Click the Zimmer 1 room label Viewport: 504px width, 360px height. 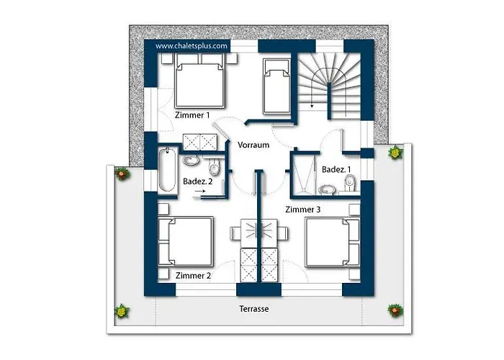click(x=192, y=115)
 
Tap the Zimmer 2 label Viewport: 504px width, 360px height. click(x=193, y=276)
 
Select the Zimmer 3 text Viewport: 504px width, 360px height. click(x=303, y=210)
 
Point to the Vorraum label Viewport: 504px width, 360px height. click(x=253, y=145)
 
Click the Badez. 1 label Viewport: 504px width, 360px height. click(x=336, y=169)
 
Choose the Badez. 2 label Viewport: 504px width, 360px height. click(x=198, y=181)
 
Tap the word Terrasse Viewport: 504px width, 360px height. click(x=254, y=309)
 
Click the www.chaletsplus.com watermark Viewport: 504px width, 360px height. click(x=192, y=46)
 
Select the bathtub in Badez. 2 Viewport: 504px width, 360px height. click(x=167, y=169)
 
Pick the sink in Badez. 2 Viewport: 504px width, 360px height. click(x=191, y=160)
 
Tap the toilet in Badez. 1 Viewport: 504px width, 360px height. click(x=350, y=183)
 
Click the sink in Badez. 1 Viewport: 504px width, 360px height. click(x=327, y=189)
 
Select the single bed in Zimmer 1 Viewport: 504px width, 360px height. click(x=276, y=86)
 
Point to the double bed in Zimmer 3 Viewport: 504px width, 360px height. click(x=333, y=243)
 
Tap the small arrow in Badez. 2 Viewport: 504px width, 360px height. click(x=199, y=192)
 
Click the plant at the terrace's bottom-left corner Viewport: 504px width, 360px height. click(x=122, y=312)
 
